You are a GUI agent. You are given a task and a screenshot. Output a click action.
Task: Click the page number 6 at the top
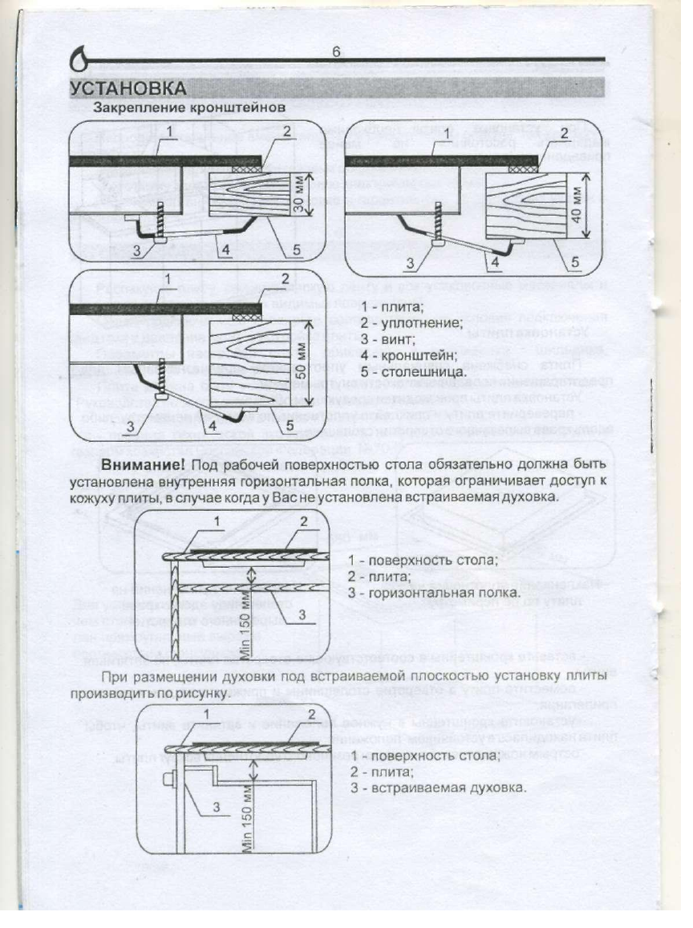pyautogui.click(x=336, y=52)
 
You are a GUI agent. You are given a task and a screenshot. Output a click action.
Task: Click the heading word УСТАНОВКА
pyautogui.click(x=128, y=87)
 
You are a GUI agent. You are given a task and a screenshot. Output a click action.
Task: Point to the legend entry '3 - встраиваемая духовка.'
pyautogui.click(x=438, y=788)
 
